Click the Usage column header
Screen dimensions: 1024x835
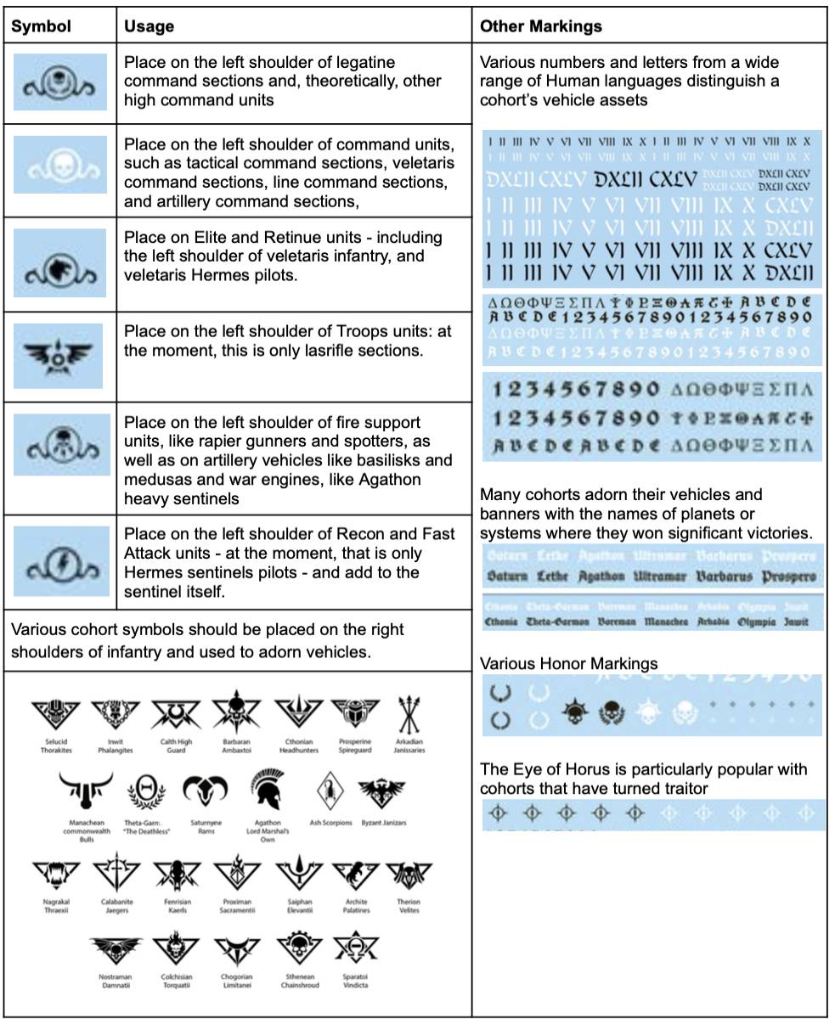(x=149, y=26)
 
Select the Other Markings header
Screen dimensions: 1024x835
(x=540, y=26)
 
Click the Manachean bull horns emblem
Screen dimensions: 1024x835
(x=86, y=792)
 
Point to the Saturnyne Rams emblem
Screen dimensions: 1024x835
(x=206, y=793)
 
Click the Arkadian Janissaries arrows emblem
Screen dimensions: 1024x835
(x=409, y=715)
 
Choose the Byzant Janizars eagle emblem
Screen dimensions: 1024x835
(x=383, y=792)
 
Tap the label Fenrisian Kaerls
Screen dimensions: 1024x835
(x=177, y=906)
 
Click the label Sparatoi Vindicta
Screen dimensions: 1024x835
(x=356, y=981)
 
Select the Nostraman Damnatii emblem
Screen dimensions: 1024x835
(x=115, y=951)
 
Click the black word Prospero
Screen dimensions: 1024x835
(x=788, y=577)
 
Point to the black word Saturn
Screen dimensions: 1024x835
(x=507, y=577)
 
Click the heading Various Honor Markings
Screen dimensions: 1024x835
(x=568, y=663)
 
